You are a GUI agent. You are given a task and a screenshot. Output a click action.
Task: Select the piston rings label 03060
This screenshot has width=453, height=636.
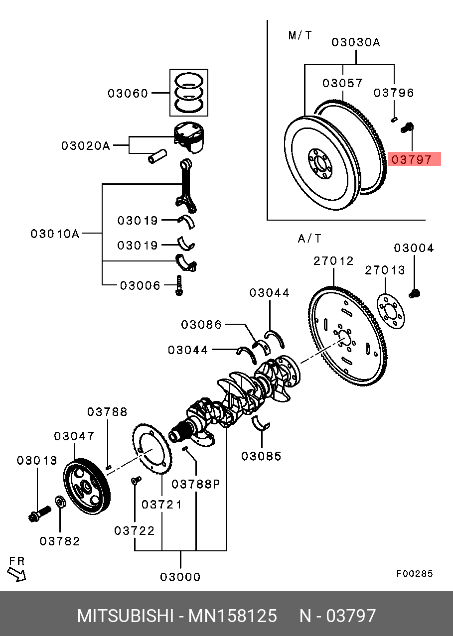tap(128, 93)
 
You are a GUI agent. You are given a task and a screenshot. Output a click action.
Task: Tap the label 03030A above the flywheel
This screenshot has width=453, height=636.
tap(356, 42)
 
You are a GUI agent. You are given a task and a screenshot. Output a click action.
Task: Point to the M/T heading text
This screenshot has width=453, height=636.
tap(301, 35)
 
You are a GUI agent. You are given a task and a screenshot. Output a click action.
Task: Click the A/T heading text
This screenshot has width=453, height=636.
tap(310, 239)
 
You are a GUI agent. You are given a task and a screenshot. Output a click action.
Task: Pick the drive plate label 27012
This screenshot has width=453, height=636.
tap(333, 261)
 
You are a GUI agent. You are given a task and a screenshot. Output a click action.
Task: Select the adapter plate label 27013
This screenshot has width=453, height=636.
tap(385, 270)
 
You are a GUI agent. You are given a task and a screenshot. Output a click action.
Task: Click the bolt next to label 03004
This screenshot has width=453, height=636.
tap(414, 293)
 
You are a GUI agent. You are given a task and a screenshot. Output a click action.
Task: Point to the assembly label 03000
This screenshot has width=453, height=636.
tap(180, 577)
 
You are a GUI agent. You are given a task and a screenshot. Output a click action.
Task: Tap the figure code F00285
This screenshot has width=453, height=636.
tap(415, 574)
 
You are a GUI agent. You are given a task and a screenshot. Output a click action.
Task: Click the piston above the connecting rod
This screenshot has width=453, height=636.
tap(190, 136)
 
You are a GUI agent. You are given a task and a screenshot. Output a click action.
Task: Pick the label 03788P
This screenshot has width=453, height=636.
tap(196, 484)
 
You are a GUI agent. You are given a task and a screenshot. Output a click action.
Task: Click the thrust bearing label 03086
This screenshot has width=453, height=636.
tap(201, 325)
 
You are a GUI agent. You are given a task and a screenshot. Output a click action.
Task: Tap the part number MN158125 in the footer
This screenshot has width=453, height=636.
tap(232, 616)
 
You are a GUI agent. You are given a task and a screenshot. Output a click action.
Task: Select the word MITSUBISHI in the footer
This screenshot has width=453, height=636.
tap(125, 616)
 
